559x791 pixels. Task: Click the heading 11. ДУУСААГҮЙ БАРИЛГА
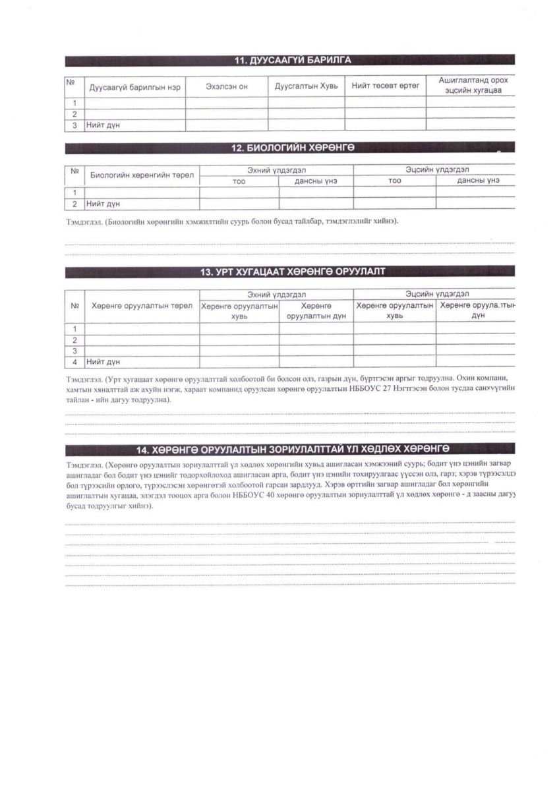[293, 61]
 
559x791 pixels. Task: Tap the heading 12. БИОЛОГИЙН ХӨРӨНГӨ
[293, 148]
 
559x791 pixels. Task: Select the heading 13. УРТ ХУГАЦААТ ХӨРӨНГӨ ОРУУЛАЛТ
[292, 271]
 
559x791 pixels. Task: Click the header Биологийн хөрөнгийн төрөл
[142, 175]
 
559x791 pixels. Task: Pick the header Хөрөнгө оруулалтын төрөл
[142, 305]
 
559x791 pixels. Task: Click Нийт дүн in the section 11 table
[103, 125]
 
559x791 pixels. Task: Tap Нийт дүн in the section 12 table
[103, 204]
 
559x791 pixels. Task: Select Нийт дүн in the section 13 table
[103, 362]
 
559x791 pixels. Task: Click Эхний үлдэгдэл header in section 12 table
[276, 170]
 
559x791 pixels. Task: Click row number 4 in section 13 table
[75, 362]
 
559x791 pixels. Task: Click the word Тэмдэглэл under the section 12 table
[82, 222]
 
